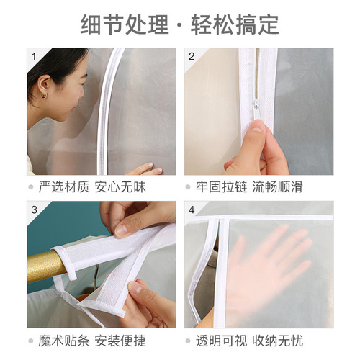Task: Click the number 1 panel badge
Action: pos(34,56)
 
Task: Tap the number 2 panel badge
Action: pos(192,56)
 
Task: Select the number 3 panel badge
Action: pos(34,210)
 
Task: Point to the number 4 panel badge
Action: pos(192,210)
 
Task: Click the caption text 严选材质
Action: pos(64,187)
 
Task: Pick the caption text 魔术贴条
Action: pos(64,340)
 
